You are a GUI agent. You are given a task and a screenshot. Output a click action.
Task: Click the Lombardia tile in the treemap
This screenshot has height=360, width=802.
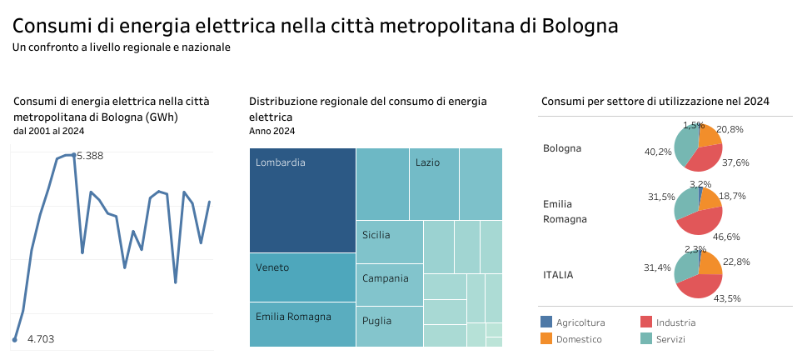tap(302, 200)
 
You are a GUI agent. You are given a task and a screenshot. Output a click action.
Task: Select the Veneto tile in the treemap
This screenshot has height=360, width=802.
tap(302, 277)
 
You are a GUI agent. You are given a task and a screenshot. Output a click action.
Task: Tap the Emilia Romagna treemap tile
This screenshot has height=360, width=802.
tap(302, 324)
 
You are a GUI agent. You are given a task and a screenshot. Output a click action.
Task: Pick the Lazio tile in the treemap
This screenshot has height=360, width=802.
tap(434, 183)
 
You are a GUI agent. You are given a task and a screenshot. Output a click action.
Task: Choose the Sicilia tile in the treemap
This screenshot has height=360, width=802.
tap(389, 242)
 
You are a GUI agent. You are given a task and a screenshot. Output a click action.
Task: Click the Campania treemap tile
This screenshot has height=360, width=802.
tap(389, 285)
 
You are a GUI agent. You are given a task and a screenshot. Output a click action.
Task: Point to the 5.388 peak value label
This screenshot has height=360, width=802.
tap(90, 156)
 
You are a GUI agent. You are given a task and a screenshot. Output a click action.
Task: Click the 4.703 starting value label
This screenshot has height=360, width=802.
tap(41, 339)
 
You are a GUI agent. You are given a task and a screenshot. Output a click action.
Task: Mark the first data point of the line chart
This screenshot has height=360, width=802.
tap(14, 339)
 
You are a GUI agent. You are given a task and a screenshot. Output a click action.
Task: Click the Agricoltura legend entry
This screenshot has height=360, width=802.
tap(580, 322)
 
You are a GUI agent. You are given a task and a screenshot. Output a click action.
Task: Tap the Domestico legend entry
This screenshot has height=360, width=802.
tap(579, 339)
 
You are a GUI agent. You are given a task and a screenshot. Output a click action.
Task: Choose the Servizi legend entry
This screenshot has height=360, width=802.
tap(672, 339)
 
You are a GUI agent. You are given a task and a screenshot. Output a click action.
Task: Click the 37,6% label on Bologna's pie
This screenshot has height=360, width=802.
tap(735, 163)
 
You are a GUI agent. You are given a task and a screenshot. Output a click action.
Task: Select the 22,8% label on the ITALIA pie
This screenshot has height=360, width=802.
tap(737, 262)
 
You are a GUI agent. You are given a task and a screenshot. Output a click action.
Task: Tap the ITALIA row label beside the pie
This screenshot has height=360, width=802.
tap(558, 274)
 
